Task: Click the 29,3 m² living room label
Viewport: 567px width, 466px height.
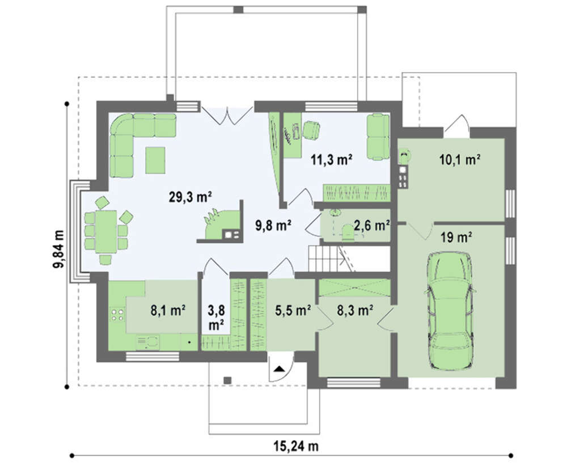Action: [x=190, y=197]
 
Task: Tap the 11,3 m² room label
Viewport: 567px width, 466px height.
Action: [x=332, y=159]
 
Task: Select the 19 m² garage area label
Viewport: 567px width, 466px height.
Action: [x=456, y=238]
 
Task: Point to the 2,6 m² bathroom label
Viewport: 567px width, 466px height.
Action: [x=372, y=226]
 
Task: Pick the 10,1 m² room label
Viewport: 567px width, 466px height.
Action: [x=460, y=159]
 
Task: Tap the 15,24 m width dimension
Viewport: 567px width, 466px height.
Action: [x=296, y=447]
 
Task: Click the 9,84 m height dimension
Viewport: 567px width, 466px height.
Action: [x=59, y=249]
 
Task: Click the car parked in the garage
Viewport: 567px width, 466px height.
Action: [x=450, y=311]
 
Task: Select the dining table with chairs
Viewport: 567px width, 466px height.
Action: [x=106, y=230]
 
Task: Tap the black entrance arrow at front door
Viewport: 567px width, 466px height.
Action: [x=280, y=369]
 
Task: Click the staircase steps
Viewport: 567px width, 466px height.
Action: [x=324, y=259]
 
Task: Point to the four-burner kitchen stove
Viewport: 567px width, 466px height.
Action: [x=117, y=315]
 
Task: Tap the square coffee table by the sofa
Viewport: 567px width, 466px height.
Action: [x=155, y=160]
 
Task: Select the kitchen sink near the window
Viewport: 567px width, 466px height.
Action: [x=148, y=342]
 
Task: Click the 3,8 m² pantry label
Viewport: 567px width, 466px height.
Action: [x=216, y=317]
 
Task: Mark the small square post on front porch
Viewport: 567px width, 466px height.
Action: [x=227, y=380]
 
